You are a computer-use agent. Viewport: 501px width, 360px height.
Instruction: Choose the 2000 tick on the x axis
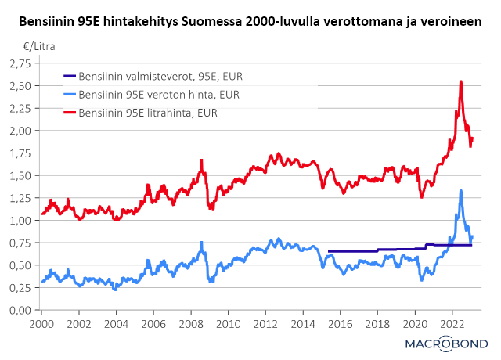(41, 322)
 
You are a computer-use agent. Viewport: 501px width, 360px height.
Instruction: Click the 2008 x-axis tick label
(190, 322)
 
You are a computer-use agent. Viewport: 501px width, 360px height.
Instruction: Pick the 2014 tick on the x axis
(302, 322)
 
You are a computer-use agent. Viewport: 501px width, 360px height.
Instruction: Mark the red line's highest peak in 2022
(460, 81)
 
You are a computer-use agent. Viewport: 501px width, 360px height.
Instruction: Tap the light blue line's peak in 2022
(460, 190)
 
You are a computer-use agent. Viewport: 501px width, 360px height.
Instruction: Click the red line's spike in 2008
(201, 160)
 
